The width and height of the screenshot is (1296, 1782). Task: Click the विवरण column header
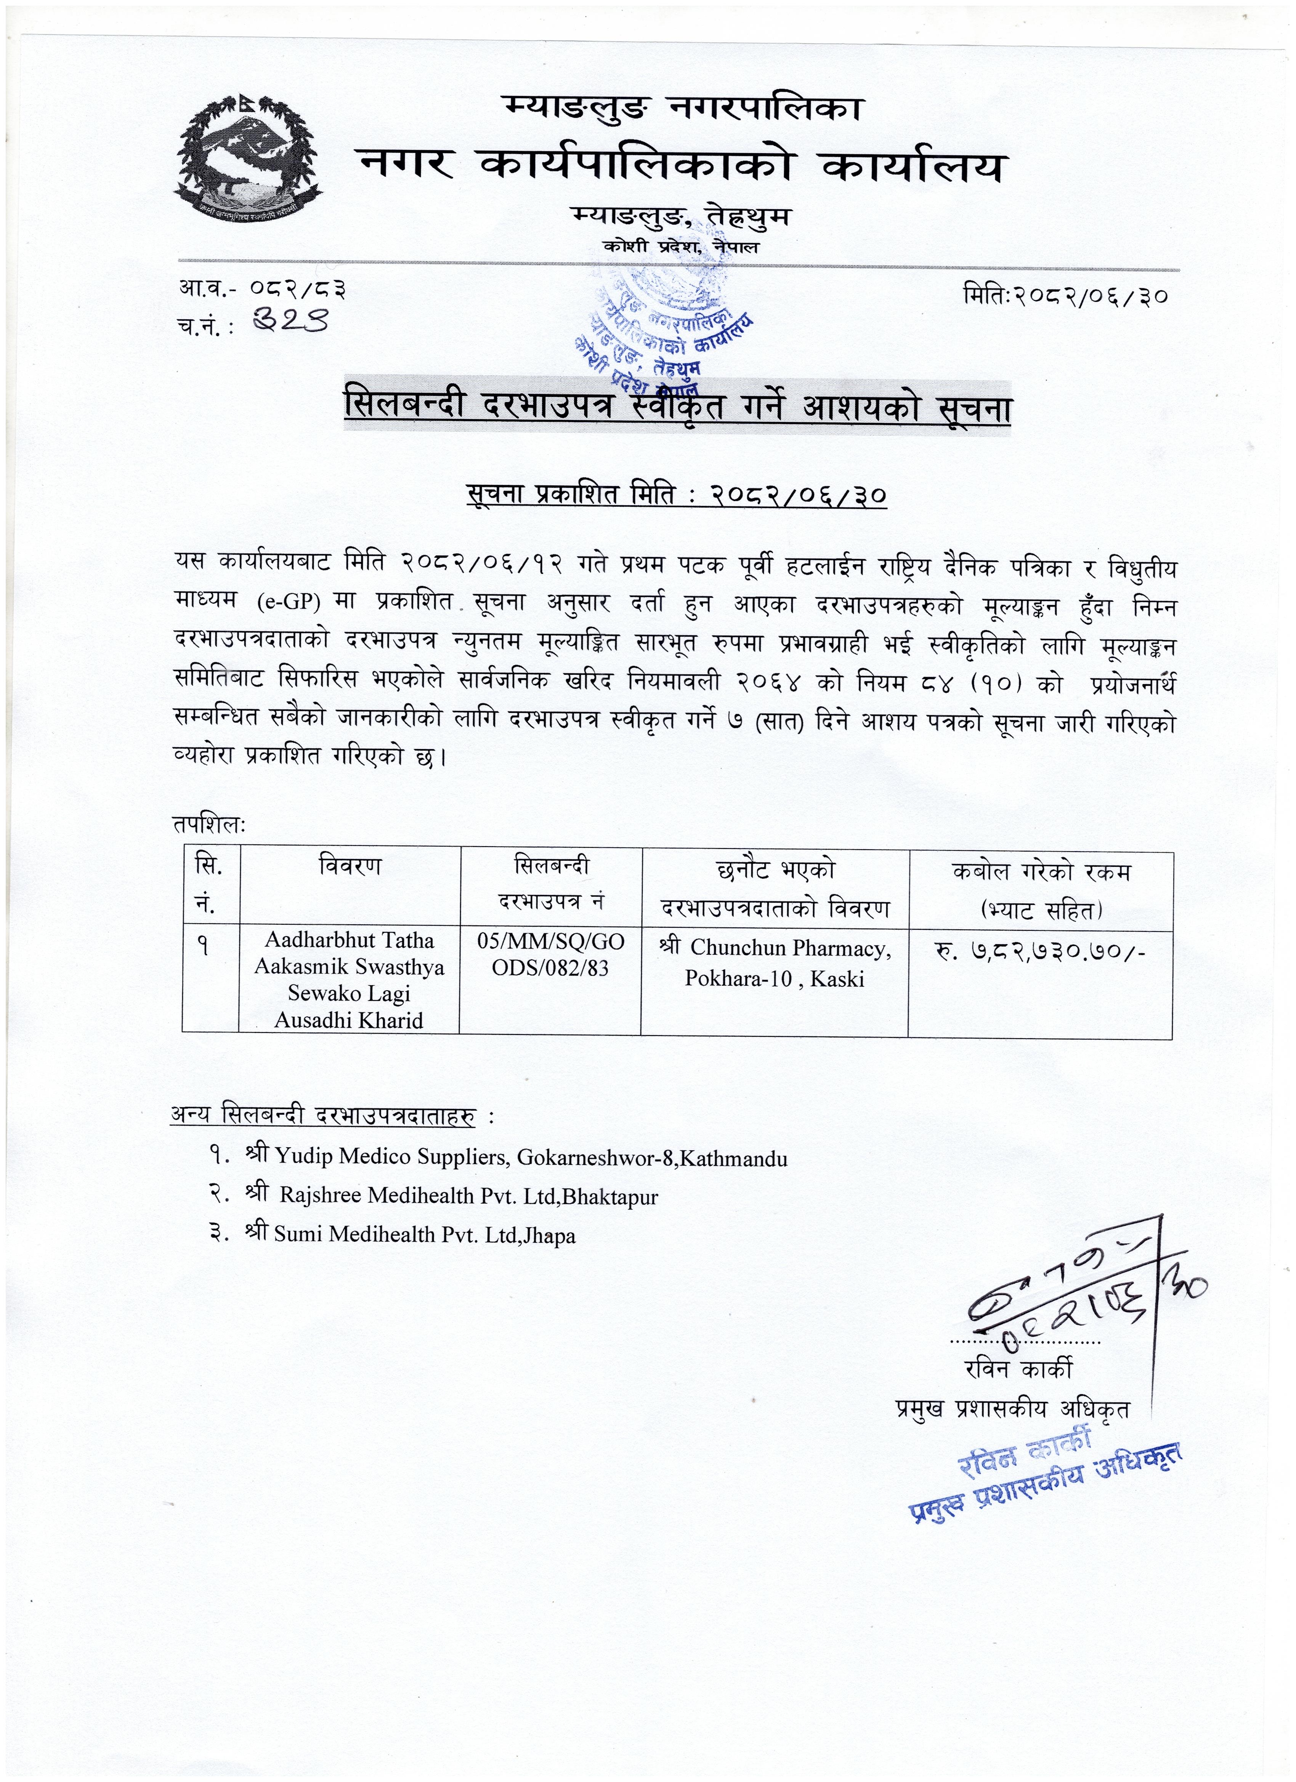pyautogui.click(x=350, y=866)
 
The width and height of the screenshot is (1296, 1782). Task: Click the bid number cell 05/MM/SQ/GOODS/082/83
pyautogui.click(x=550, y=955)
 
